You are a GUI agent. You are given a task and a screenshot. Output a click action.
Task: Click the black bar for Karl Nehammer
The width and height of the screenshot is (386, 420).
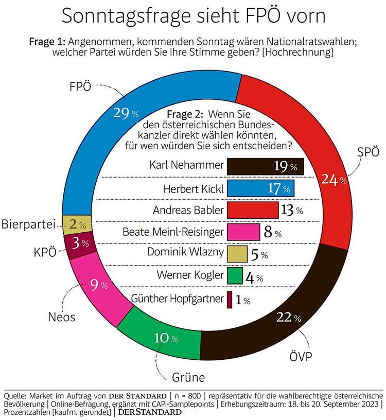tap(265, 167)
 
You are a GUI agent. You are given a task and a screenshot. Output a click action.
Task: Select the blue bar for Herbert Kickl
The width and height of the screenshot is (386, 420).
tap(260, 188)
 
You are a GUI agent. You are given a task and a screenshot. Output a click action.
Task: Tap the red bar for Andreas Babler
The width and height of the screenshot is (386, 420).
tap(252, 210)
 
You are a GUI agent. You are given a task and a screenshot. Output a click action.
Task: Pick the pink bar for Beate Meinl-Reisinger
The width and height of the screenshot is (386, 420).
tap(243, 232)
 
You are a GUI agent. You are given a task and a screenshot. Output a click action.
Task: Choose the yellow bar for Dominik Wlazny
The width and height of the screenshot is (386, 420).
tap(238, 254)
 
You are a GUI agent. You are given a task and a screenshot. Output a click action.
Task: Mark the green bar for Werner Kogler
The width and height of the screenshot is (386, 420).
tap(235, 276)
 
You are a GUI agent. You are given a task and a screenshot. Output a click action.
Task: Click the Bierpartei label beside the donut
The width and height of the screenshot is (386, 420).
tap(30, 225)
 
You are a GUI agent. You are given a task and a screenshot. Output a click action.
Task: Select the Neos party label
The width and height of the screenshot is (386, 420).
tap(61, 317)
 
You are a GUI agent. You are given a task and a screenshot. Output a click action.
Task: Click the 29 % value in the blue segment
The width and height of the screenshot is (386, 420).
tap(126, 113)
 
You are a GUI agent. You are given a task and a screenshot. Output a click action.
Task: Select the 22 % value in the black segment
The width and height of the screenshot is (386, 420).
tap(288, 319)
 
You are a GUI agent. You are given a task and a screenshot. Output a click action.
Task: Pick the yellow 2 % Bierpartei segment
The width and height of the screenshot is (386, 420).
tap(77, 224)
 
